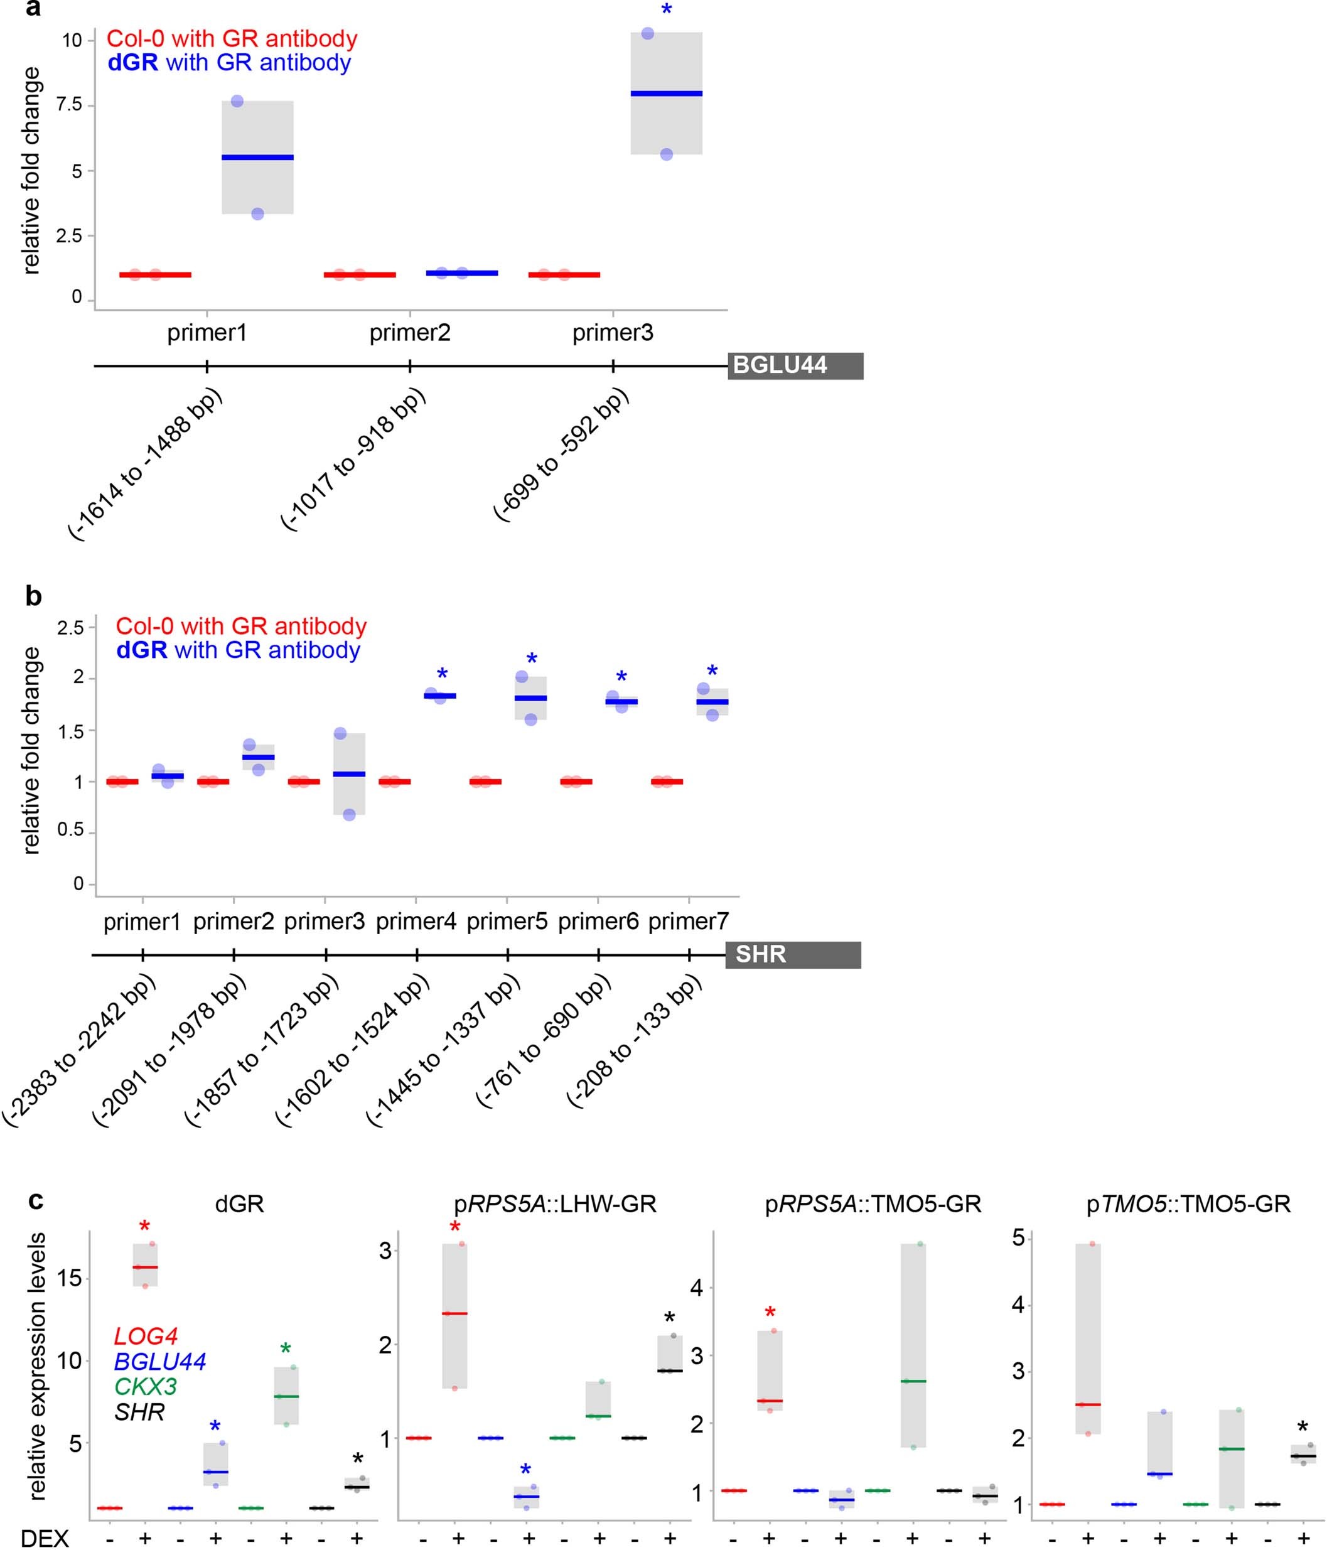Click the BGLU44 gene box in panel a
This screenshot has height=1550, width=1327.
(795, 366)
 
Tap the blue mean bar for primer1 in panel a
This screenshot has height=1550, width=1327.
(257, 157)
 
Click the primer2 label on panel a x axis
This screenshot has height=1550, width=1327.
(410, 333)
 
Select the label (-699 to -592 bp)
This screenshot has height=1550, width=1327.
(561, 456)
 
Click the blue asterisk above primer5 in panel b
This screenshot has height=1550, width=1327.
(532, 660)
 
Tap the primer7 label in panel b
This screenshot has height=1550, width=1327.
(688, 922)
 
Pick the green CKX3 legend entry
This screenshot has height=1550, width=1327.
(145, 1386)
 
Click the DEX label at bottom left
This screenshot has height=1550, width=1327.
(44, 1538)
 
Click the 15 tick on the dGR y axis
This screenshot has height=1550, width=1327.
(70, 1278)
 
